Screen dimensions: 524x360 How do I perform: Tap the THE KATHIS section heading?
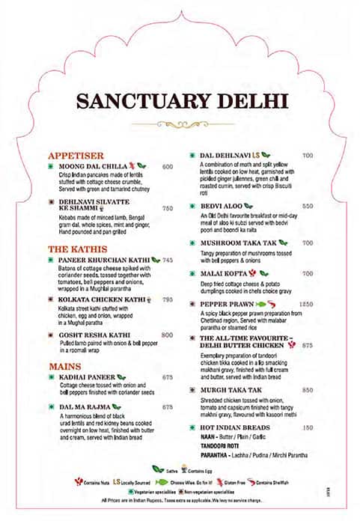click(x=78, y=249)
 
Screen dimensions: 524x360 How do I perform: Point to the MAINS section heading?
click(x=65, y=366)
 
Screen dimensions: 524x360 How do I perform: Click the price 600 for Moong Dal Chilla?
click(x=167, y=167)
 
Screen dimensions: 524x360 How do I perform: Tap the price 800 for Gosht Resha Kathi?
click(x=167, y=335)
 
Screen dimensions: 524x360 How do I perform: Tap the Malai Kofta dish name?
click(x=225, y=274)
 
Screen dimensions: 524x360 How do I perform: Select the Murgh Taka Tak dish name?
click(x=231, y=390)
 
